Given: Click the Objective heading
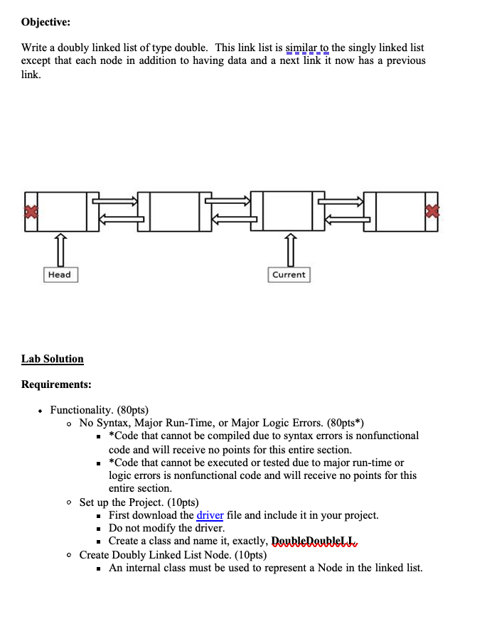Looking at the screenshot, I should point(45,22).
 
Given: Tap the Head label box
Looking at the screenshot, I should point(60,274).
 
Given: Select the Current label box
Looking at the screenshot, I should point(289,274).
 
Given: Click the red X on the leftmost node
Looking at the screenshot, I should point(30,211).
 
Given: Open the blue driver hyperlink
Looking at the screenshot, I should point(210,515).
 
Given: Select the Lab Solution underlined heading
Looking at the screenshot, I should point(52,359).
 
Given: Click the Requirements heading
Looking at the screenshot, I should point(56,384).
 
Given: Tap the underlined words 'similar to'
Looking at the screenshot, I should point(307,48).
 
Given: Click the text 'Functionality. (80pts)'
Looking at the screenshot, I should point(99,410).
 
